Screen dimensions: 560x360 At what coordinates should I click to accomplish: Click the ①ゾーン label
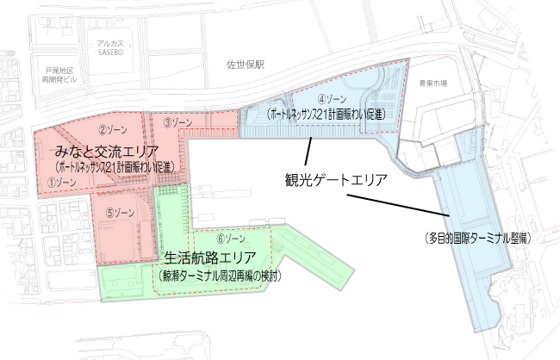[66, 183]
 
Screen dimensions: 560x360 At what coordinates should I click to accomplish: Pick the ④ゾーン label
[332, 99]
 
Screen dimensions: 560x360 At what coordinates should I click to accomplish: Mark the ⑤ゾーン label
[119, 212]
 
